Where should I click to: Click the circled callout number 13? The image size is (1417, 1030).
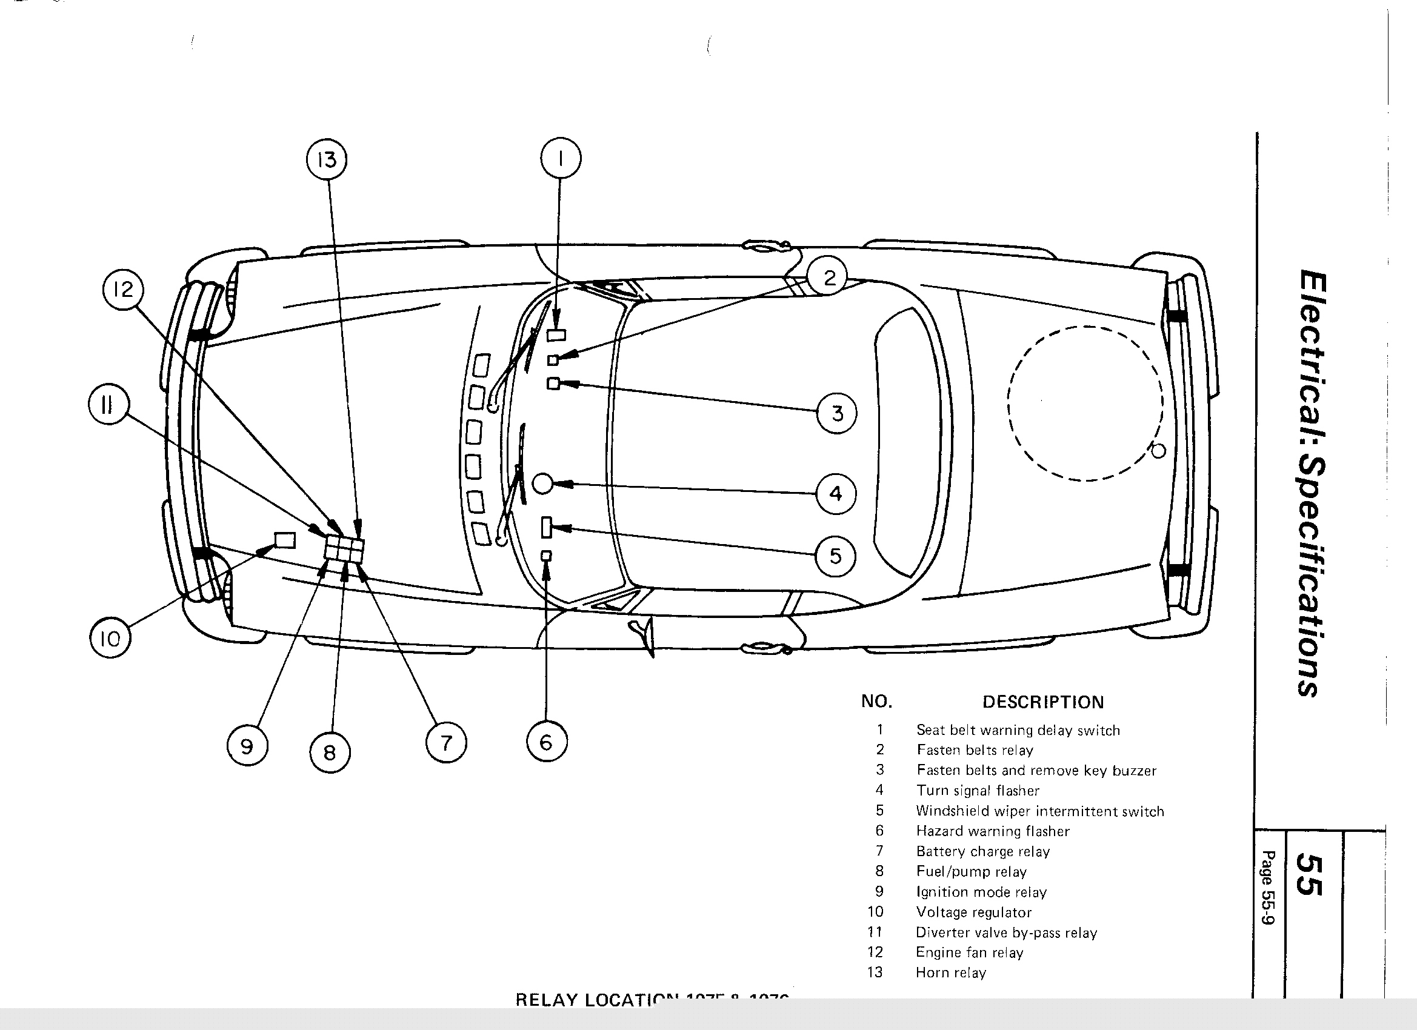(327, 160)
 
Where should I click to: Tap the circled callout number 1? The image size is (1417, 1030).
(561, 159)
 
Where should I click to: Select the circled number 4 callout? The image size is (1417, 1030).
(836, 493)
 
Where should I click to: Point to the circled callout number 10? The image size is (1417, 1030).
(110, 638)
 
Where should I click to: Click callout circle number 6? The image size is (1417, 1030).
(546, 742)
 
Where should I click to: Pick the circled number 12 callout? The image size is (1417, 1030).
(123, 290)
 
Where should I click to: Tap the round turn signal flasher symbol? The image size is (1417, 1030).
(542, 483)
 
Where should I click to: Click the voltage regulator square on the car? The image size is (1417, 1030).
(285, 540)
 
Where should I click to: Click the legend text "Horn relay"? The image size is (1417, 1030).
(950, 972)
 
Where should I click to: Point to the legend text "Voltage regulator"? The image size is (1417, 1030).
(973, 912)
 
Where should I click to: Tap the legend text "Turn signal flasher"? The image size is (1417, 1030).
(977, 791)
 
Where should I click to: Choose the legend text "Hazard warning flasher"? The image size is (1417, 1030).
(992, 831)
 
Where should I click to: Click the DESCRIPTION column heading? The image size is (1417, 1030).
(1043, 702)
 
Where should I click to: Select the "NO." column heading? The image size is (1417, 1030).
(876, 702)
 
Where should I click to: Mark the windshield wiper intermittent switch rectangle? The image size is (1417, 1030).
(546, 527)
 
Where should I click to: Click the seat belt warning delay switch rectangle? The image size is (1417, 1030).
(556, 335)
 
